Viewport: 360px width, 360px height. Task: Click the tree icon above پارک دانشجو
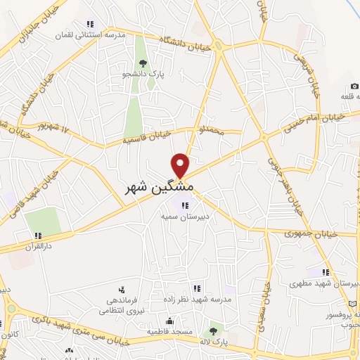click(x=143, y=64)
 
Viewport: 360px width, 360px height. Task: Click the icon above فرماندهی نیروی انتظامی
click(x=122, y=289)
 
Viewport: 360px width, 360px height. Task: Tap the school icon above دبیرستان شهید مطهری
click(x=326, y=272)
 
